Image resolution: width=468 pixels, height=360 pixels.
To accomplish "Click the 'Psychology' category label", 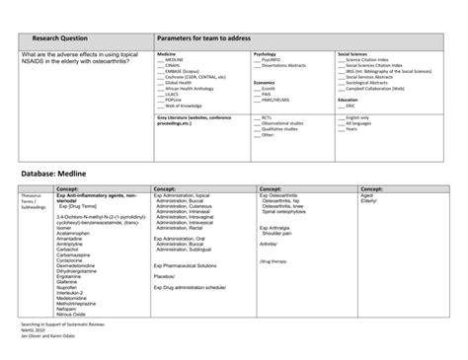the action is click(x=265, y=53).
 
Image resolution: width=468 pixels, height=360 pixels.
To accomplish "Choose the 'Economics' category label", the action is click(x=265, y=83).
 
